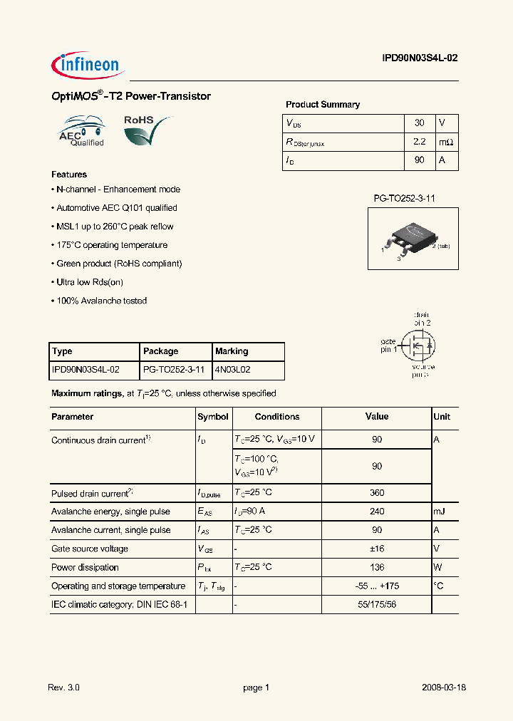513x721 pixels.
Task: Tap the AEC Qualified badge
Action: pyautogui.click(x=82, y=131)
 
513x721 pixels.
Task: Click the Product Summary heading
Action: pyautogui.click(x=323, y=105)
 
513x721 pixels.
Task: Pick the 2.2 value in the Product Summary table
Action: pyautogui.click(x=419, y=142)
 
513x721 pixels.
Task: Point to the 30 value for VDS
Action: pyautogui.click(x=419, y=123)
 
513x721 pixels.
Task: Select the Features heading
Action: pyautogui.click(x=69, y=175)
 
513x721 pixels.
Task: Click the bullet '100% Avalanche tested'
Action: pyautogui.click(x=100, y=301)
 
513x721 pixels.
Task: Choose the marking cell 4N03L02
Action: pyautogui.click(x=232, y=370)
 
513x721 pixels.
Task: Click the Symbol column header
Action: pyautogui.click(x=213, y=417)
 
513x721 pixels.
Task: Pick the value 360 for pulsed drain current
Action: pyautogui.click(x=377, y=493)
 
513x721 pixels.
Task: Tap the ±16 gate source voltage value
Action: pyautogui.click(x=377, y=549)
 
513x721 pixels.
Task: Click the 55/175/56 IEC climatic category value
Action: pyautogui.click(x=377, y=604)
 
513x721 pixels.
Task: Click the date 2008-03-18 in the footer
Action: pyautogui.click(x=444, y=688)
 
